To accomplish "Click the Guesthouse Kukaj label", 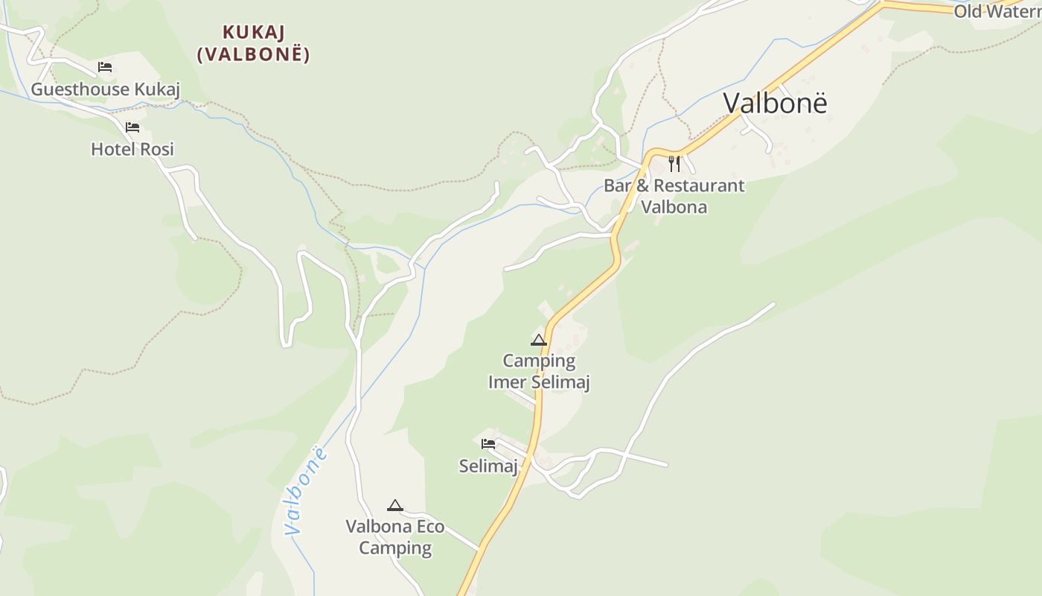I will click(105, 89).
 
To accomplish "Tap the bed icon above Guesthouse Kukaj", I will click(105, 67).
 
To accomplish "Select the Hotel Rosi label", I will click(132, 149).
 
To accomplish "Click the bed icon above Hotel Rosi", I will click(132, 127).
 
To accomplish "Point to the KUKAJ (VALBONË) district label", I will click(254, 43).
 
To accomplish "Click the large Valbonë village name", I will click(775, 103).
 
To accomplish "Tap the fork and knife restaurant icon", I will click(674, 163).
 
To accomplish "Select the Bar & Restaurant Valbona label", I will click(674, 196).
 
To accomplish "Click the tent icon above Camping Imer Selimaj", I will click(538, 340).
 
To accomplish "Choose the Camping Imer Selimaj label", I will click(539, 371).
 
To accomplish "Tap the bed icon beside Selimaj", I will click(488, 444).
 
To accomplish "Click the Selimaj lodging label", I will click(488, 466).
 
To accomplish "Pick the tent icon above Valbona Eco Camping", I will click(395, 505).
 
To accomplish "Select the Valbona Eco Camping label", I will click(395, 537).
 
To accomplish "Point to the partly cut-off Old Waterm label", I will click(998, 11).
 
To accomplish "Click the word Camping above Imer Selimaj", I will click(539, 361).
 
